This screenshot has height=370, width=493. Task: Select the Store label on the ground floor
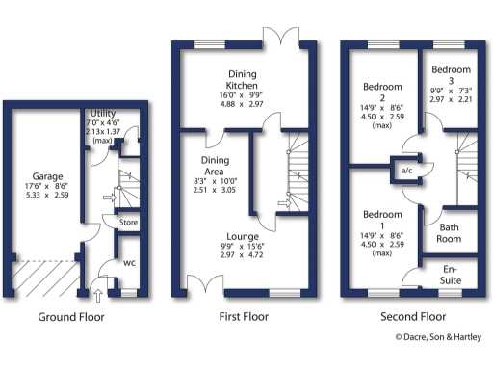click(x=127, y=223)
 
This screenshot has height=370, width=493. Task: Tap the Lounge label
click(x=241, y=236)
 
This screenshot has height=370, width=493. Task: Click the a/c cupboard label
click(x=406, y=170)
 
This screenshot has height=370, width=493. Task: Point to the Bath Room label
click(x=449, y=232)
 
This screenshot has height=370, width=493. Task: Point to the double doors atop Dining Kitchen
click(x=278, y=36)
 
